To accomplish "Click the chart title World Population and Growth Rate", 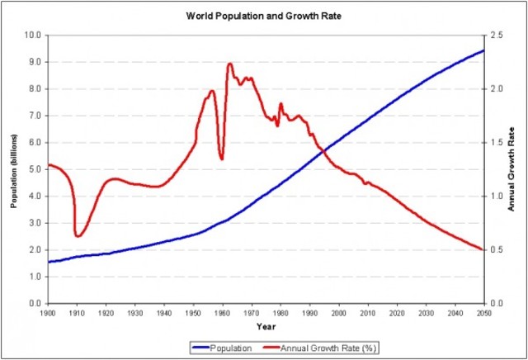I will point(263,16).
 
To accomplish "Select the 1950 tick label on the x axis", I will point(193,314).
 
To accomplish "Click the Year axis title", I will point(265,327).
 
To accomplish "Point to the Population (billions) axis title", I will point(14,169).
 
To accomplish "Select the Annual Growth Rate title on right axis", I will point(512,169).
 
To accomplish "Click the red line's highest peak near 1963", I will point(229,64).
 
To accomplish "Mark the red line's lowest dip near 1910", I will point(77,236).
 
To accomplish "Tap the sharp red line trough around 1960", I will point(221,159).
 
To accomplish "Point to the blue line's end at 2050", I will point(483,50).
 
